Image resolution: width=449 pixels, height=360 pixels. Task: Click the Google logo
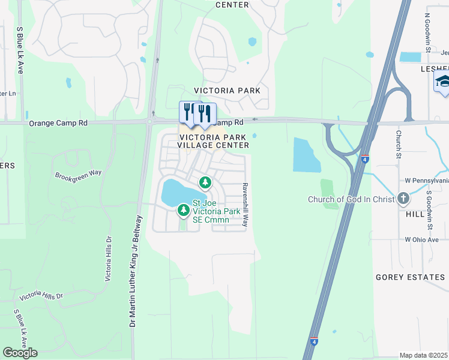[20, 353]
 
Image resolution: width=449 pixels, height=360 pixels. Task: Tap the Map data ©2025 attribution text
[424, 355]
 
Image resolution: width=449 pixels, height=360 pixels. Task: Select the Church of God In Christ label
[351, 199]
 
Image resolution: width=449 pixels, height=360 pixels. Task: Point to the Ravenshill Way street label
[245, 205]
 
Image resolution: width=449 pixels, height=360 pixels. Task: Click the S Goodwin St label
[430, 210]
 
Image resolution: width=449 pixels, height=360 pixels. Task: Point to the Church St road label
[398, 143]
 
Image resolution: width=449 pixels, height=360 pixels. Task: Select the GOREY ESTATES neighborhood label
[410, 277]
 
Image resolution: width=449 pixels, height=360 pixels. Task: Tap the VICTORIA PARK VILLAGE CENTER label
[214, 141]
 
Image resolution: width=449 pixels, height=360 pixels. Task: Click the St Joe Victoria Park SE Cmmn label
[215, 211]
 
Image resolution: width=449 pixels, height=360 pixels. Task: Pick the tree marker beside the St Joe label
[183, 210]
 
